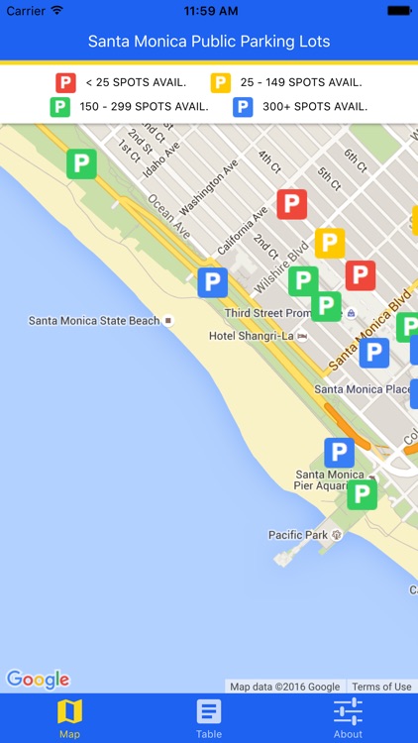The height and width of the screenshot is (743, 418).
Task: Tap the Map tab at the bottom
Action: (x=69, y=718)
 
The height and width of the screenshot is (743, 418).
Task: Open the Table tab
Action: (x=208, y=718)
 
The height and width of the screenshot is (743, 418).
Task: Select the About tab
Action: (x=348, y=718)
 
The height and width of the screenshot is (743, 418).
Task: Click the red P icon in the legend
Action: (x=65, y=83)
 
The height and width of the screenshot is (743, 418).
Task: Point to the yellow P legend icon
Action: (x=221, y=83)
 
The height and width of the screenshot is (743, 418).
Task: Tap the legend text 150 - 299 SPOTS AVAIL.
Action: (x=145, y=107)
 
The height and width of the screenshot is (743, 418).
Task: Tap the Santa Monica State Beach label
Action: (x=94, y=321)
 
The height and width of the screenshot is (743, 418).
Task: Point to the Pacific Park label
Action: (x=298, y=535)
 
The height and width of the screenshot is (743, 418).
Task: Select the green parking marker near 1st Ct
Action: (x=81, y=163)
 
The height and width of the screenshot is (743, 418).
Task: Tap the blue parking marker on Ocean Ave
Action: (x=212, y=282)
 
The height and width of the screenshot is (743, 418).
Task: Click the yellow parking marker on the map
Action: (x=329, y=243)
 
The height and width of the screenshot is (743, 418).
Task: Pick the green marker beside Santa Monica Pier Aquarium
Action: (x=362, y=493)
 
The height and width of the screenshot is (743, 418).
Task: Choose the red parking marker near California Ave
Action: (x=291, y=205)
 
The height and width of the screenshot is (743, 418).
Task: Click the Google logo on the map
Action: (x=38, y=679)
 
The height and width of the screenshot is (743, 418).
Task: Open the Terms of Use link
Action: (x=381, y=687)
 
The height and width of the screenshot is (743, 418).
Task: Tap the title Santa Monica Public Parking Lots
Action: (x=209, y=42)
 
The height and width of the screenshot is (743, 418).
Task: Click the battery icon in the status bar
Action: (x=398, y=10)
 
